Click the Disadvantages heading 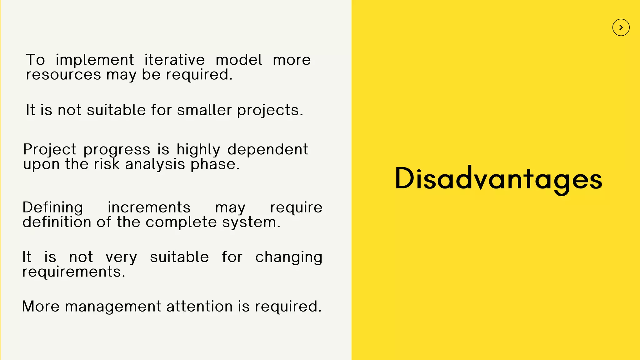[498, 179]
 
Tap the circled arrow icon [621, 27]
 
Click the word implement [95, 60]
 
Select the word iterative [174, 60]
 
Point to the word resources [63, 75]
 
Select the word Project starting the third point [50, 150]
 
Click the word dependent [267, 150]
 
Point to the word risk [107, 164]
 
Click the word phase [215, 164]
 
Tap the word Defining [53, 208]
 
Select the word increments [149, 207]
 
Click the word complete [181, 222]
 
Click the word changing [288, 257]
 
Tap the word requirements [73, 272]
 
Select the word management [113, 307]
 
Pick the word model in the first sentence [239, 60]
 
